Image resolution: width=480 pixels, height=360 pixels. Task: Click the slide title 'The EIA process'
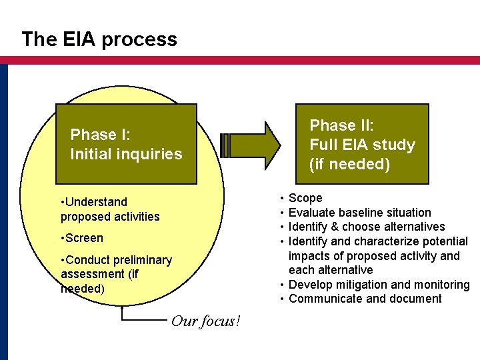click(99, 39)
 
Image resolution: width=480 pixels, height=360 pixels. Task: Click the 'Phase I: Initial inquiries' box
click(126, 144)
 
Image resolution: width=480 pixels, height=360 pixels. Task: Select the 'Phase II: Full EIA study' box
click(361, 144)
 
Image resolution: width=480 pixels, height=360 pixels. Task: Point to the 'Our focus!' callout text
click(205, 321)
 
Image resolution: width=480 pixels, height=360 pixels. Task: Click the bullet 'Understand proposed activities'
click(110, 209)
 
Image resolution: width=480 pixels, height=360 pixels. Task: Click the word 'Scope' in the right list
click(305, 198)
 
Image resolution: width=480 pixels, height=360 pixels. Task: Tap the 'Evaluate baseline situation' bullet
click(359, 213)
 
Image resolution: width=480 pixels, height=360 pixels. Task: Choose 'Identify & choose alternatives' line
click(366, 227)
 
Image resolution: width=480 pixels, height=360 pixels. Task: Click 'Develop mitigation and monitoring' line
click(379, 285)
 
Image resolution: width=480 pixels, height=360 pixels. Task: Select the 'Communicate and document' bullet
click(365, 299)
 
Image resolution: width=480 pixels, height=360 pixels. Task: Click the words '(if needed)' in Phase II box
click(349, 164)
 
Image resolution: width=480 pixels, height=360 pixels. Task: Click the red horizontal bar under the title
click(240, 60)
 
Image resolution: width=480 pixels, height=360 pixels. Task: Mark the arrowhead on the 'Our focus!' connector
click(122, 309)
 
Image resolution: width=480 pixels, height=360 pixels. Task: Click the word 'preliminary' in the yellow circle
click(139, 260)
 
